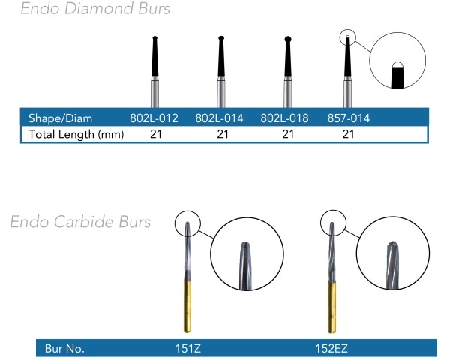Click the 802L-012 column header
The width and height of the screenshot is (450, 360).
(154, 118)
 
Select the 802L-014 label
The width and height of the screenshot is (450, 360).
(219, 118)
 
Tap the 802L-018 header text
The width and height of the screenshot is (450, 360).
(284, 118)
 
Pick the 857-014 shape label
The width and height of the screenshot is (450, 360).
(349, 118)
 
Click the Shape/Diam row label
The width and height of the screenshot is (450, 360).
(61, 118)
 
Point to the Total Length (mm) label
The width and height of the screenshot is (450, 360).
(76, 134)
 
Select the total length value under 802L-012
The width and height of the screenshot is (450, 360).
(156, 134)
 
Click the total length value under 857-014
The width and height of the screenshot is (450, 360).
(349, 134)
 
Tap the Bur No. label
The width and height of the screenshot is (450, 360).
(64, 349)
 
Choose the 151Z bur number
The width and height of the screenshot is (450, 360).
(188, 349)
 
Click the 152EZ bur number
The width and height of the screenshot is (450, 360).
(331, 349)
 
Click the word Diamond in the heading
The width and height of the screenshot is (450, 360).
(99, 8)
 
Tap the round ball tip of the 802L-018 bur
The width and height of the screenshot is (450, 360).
(288, 39)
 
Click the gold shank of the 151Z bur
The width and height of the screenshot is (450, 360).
(187, 307)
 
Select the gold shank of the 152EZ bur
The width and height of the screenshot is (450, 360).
(332, 307)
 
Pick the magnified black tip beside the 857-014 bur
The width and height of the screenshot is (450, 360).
(397, 75)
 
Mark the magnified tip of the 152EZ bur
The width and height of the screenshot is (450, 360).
(392, 265)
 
